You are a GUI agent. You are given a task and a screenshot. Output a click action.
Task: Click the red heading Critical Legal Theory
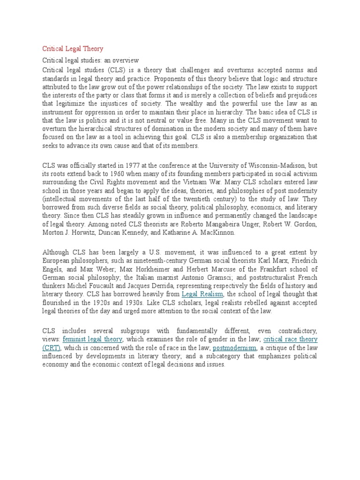point(73,49)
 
